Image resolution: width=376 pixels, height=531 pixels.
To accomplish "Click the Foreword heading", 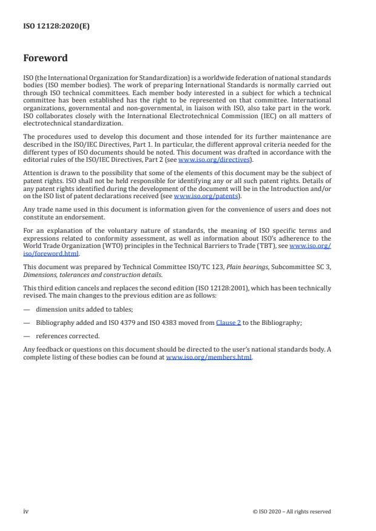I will [x=45, y=59].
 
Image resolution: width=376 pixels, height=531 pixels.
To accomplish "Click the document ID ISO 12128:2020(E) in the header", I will [x=56, y=27].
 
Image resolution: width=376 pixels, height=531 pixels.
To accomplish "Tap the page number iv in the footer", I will [x=26, y=512].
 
